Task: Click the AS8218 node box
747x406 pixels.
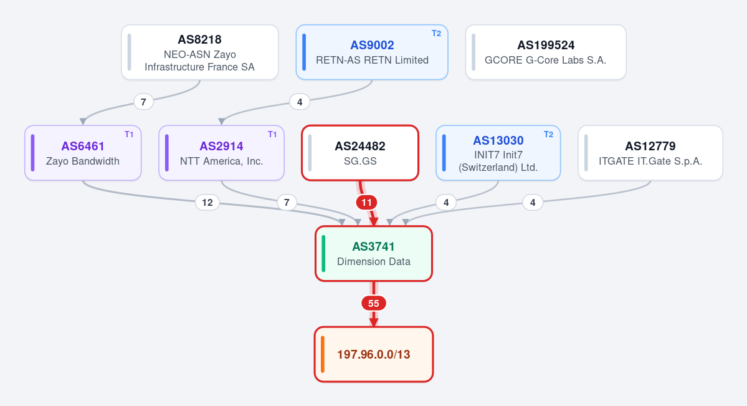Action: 199,52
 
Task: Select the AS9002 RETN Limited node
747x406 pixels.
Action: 372,52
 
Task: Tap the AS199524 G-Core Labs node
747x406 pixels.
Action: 546,52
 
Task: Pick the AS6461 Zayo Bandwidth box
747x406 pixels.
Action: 83,153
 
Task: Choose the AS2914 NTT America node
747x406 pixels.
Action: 222,153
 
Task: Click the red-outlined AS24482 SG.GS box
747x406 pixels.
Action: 360,153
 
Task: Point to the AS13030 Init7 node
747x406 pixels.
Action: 498,153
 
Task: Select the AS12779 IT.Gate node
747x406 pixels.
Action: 650,153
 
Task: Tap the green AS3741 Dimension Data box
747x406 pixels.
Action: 374,254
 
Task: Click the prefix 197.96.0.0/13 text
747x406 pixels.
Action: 374,354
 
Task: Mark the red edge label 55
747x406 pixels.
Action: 374,304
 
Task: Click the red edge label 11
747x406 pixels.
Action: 366,203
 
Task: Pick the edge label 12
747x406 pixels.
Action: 207,203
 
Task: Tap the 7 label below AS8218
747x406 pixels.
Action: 143,102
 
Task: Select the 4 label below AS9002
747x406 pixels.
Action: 300,102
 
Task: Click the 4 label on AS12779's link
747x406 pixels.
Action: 533,203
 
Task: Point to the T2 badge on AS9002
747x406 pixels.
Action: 436,34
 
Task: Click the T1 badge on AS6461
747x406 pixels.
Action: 129,135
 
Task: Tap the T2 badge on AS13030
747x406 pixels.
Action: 548,135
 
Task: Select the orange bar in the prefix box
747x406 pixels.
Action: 323,354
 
